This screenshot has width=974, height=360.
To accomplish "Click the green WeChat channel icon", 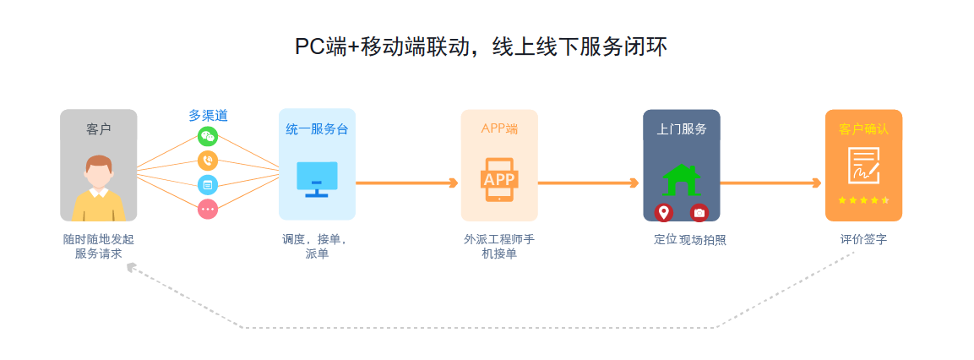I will (208, 136).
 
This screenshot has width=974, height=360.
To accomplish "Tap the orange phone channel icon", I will (208, 160).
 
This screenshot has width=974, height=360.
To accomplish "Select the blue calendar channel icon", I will (208, 183).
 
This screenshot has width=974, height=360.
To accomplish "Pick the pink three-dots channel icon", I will (208, 207).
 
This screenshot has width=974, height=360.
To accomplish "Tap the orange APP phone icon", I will (498, 179).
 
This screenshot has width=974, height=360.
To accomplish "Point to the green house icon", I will (681, 179).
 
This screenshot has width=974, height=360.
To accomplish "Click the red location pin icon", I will (664, 212).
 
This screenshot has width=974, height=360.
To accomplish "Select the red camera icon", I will (699, 212).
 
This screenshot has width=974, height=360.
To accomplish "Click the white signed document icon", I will (863, 165).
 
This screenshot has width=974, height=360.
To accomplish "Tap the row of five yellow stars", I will (863, 200).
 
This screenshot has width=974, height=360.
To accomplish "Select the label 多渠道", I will (208, 116).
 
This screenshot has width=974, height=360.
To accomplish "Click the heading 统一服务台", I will (317, 129).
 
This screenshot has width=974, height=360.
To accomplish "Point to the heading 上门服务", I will (682, 129).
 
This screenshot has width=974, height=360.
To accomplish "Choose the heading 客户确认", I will (863, 129).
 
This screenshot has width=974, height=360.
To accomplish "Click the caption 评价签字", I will (863, 239).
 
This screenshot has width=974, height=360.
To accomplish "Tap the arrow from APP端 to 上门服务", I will (589, 183).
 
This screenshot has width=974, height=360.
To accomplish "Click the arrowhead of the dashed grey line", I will (131, 268).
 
